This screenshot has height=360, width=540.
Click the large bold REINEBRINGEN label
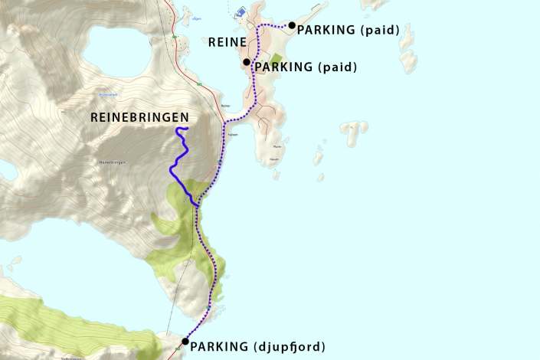tap(139, 116)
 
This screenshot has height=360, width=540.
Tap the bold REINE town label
tap(227, 43)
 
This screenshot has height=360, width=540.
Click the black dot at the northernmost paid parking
tap(292, 25)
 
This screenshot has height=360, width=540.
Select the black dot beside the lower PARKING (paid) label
tap(247, 62)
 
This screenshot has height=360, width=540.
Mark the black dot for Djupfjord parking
tap(185, 342)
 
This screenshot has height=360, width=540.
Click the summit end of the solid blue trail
tap(187, 128)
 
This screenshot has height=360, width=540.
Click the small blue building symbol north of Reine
tap(240, 13)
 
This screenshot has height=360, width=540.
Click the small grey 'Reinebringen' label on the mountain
tap(112, 162)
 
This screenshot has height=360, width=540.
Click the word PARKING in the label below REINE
tap(283, 67)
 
